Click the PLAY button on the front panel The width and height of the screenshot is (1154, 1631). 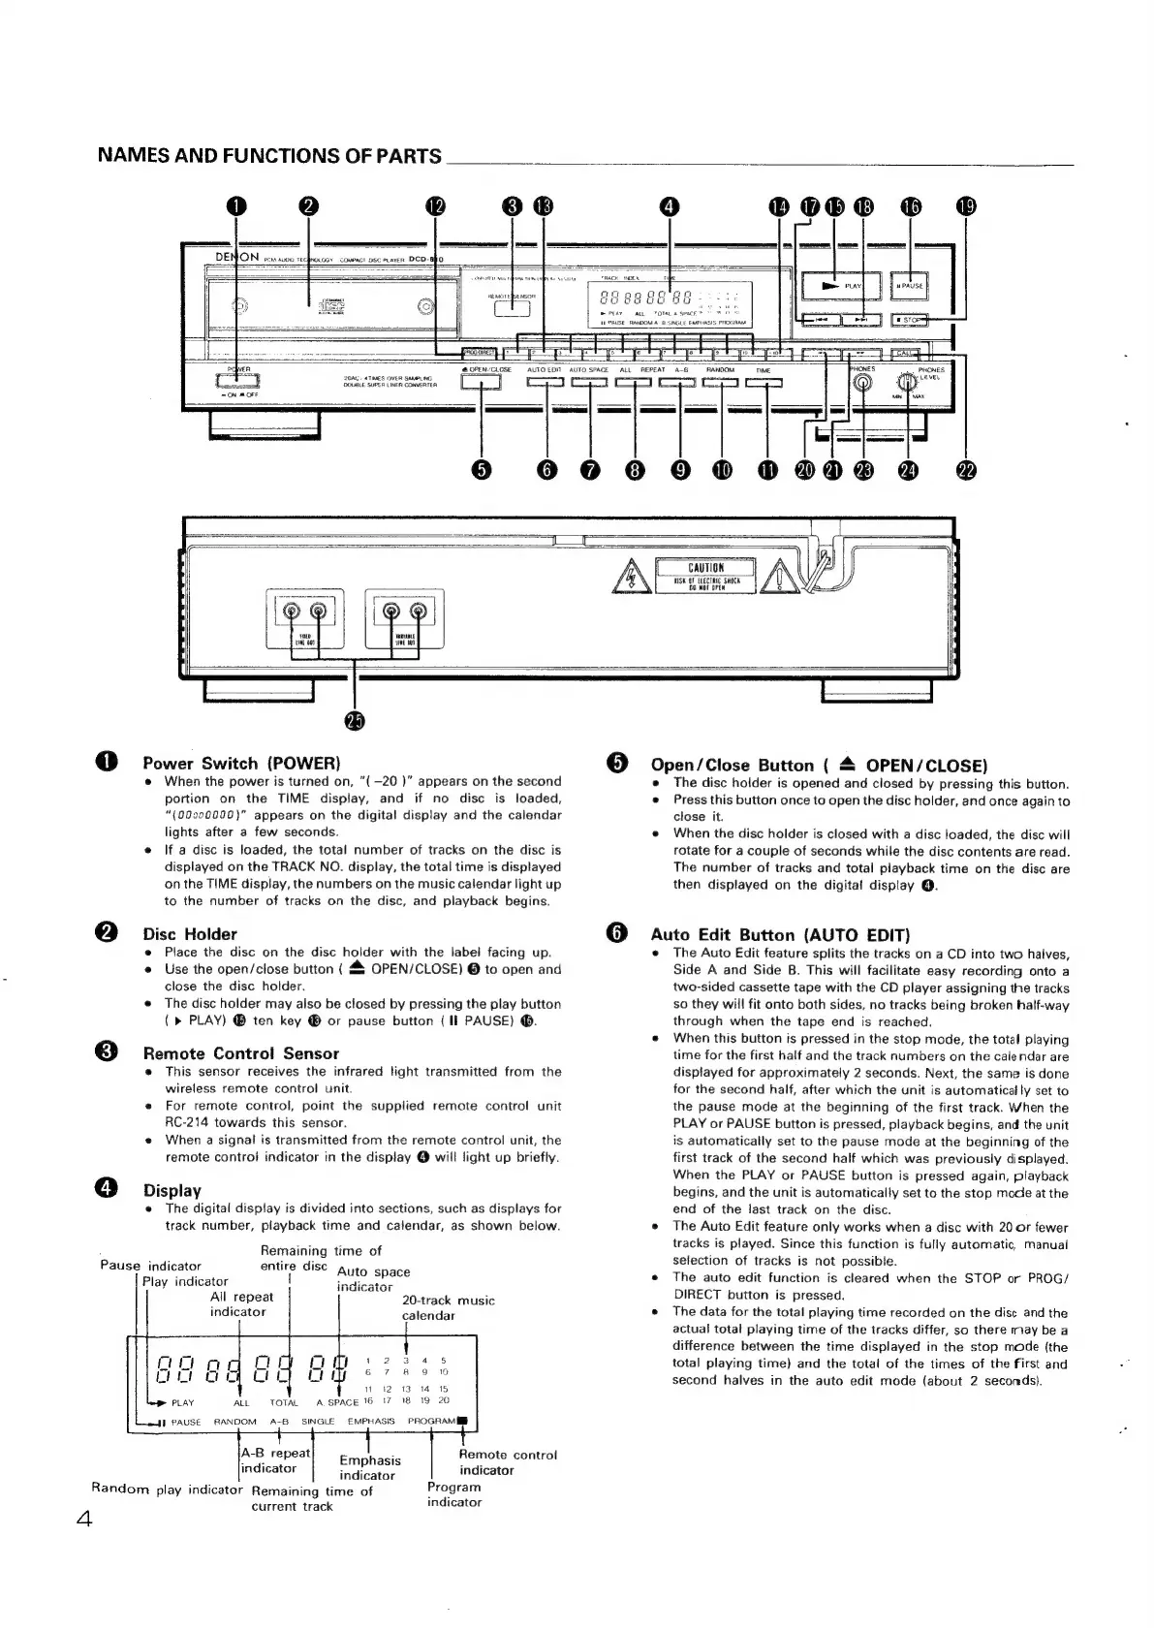click(840, 286)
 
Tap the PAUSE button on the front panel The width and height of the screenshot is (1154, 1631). click(910, 286)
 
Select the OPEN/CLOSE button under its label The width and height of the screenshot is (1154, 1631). click(480, 382)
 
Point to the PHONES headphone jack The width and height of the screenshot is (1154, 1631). click(862, 382)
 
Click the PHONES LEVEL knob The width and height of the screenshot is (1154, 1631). click(908, 382)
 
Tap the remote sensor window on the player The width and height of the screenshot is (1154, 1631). click(513, 308)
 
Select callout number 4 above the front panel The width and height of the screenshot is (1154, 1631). click(669, 205)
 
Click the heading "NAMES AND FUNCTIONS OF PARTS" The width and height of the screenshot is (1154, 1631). click(270, 155)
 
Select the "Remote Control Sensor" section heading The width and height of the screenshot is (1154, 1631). click(240, 1053)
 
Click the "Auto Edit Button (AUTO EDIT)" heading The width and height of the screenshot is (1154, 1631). click(780, 935)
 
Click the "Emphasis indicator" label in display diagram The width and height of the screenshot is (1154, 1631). click(369, 1467)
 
